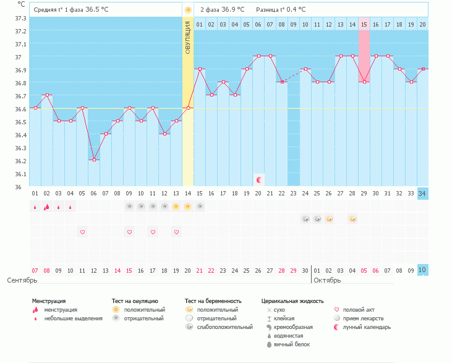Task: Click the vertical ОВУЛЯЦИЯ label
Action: [187, 37]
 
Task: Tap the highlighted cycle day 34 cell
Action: [422, 194]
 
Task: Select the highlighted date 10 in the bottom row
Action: [422, 270]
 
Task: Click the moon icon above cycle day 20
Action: [259, 179]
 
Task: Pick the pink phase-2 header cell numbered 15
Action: [364, 24]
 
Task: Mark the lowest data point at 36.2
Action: [93, 160]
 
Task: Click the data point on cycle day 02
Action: [46, 95]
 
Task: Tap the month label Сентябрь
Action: [18, 280]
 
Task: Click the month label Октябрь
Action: [326, 280]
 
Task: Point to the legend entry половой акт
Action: [359, 310]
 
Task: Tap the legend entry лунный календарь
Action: [367, 327]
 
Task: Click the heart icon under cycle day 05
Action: [82, 232]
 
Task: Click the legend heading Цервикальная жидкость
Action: [292, 301]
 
